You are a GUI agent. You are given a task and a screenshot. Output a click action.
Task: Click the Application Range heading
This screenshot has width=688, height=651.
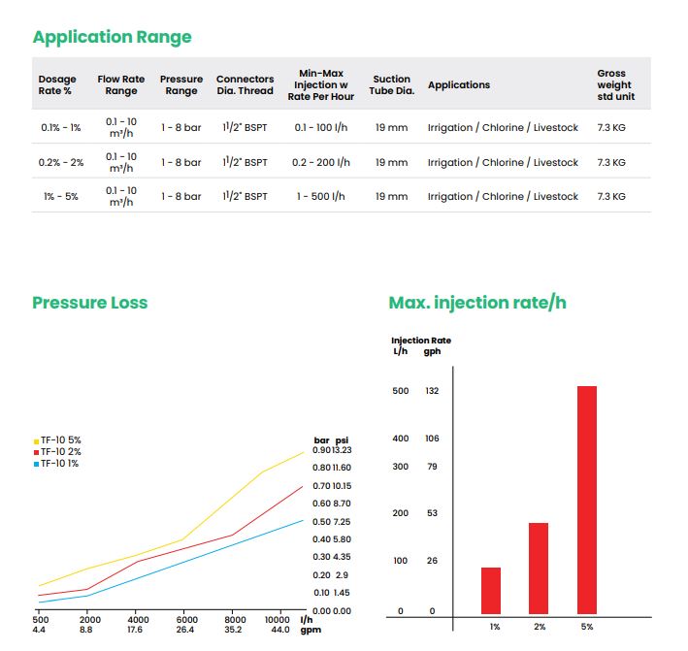(112, 37)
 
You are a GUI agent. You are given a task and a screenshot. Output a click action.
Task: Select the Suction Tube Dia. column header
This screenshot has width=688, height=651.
(393, 84)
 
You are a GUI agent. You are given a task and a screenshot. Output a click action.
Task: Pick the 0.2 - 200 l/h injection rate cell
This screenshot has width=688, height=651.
(326, 162)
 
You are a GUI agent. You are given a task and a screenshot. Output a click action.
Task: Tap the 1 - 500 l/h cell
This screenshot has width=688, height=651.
(321, 196)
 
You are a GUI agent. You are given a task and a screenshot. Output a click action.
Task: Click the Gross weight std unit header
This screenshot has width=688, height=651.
(611, 84)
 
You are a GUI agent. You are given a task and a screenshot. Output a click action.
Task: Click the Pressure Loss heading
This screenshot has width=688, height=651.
(90, 303)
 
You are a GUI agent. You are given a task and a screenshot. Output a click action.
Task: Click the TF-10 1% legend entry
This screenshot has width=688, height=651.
(57, 464)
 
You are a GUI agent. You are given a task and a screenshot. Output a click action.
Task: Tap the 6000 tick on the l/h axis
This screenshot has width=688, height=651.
(187, 619)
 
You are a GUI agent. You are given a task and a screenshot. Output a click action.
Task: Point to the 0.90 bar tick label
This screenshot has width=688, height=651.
(322, 450)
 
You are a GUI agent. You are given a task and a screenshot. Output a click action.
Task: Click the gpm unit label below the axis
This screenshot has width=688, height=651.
(311, 630)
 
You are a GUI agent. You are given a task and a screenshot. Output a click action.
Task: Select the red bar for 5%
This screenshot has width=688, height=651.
(586, 500)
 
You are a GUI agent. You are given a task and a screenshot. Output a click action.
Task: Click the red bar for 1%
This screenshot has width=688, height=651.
(491, 590)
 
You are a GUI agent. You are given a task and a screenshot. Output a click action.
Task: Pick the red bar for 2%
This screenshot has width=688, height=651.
(539, 568)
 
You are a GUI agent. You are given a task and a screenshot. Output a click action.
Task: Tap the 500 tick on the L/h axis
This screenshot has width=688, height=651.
(400, 391)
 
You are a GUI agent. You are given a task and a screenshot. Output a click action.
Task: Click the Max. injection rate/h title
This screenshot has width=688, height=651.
(477, 303)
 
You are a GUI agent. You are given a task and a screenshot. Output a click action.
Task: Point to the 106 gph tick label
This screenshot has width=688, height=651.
(432, 439)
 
